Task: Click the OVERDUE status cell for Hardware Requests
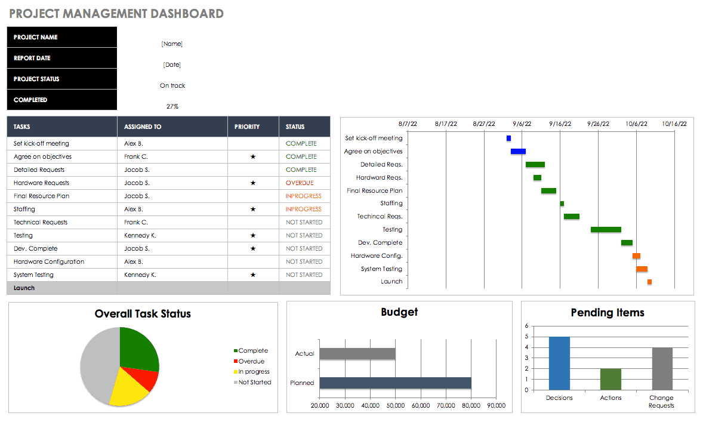coord(300,183)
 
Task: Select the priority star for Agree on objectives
coord(253,157)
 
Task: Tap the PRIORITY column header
coord(247,127)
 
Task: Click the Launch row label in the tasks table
coord(24,288)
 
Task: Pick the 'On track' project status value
coord(172,86)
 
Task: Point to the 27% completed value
coord(172,107)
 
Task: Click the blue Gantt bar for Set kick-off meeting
coord(508,138)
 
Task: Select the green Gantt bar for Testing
coord(606,230)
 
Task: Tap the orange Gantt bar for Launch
coord(649,282)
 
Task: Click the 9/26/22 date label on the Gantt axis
coord(598,124)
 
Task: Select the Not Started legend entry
coord(254,383)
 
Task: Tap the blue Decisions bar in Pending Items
coord(559,363)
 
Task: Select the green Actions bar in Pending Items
coord(610,379)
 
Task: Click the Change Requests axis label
coord(661,402)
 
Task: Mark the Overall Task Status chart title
coord(143,314)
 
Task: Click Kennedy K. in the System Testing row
coord(140,275)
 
